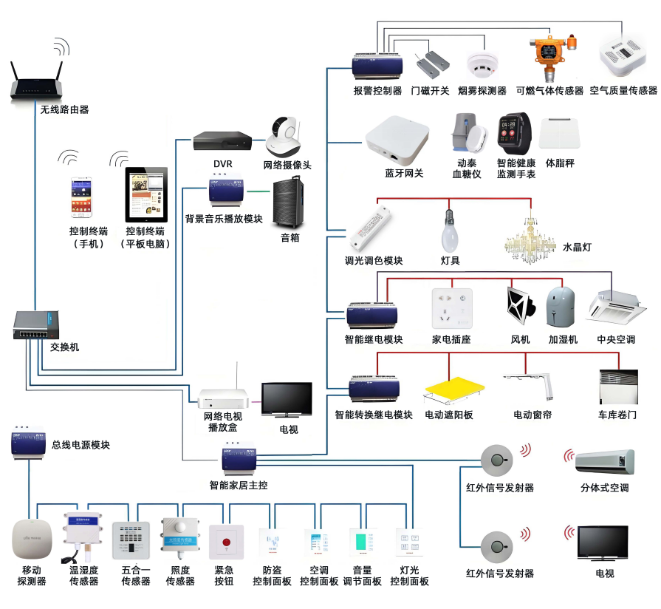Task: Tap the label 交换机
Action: [x=65, y=347]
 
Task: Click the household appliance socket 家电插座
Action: [x=451, y=308]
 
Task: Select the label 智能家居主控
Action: [x=238, y=486]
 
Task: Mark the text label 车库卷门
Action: [x=617, y=415]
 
